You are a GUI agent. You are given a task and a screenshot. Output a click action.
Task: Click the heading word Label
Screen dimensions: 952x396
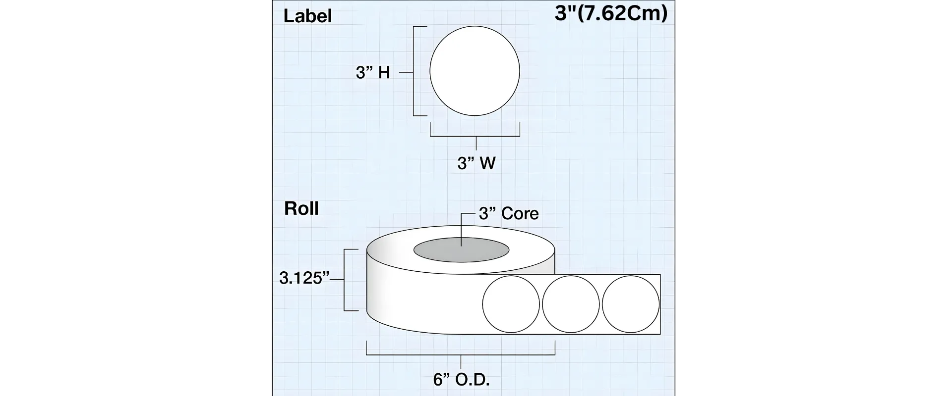pos(307,16)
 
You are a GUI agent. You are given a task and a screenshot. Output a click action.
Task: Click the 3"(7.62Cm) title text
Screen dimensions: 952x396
pos(611,13)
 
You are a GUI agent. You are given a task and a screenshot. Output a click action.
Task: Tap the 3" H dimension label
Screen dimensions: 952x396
pos(373,73)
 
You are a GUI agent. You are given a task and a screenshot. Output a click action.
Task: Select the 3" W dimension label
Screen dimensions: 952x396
pos(476,163)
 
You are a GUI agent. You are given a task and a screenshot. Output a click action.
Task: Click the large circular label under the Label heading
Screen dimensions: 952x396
pos(475,71)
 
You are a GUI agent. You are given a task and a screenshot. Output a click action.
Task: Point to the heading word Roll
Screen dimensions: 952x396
pos(301,208)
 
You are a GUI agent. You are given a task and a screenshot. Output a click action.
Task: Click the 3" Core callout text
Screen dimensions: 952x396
pos(509,213)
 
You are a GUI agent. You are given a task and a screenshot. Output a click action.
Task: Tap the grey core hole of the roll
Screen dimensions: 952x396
pos(461,251)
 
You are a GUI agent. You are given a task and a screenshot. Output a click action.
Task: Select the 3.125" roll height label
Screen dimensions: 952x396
pos(304,278)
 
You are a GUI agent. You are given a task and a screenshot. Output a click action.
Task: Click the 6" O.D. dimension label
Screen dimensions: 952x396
pos(461,380)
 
